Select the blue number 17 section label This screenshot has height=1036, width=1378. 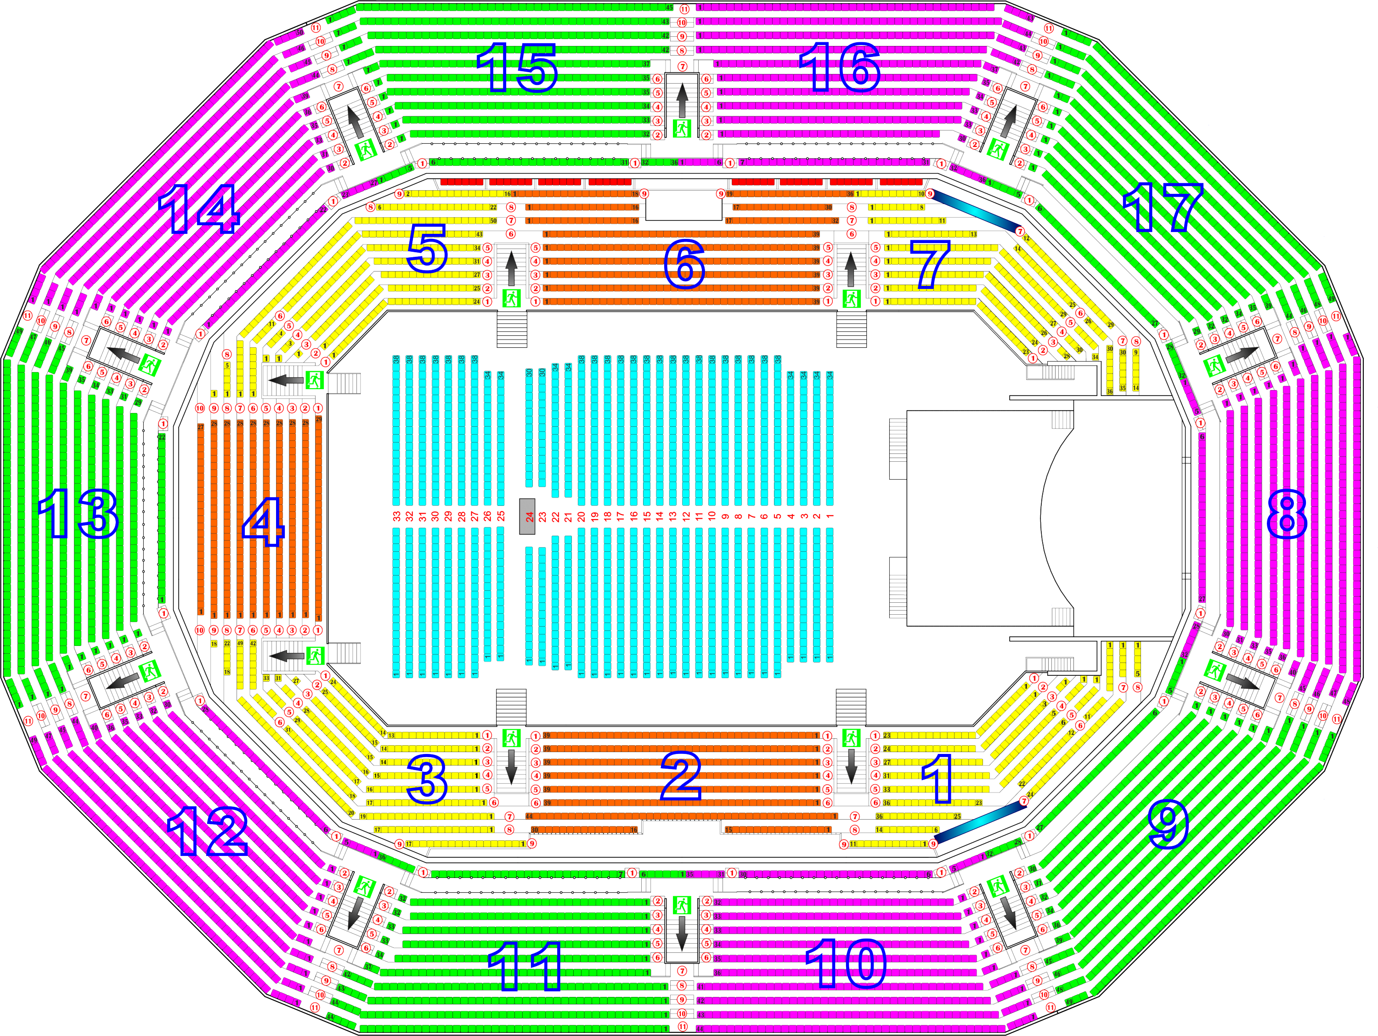point(1163,208)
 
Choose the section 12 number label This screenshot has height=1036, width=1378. point(208,831)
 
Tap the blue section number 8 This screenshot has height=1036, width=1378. point(1287,514)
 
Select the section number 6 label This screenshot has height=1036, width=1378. point(684,265)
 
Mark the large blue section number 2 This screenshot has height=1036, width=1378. point(681,776)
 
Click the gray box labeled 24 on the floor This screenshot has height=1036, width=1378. point(528,516)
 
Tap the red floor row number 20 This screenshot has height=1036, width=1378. point(581,516)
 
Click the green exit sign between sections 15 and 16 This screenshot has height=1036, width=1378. point(682,128)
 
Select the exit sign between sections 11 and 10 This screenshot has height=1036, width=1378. point(682,905)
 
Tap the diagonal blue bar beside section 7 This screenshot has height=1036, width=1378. point(976,212)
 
